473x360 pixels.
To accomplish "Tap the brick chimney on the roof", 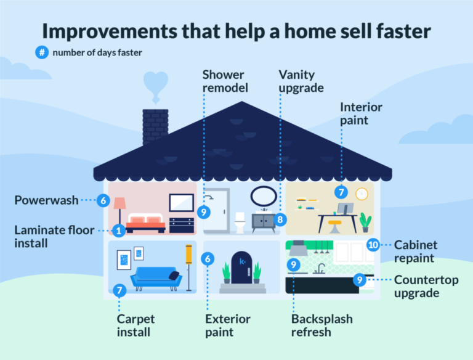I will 155,126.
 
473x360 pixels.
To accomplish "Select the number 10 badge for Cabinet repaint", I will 373,245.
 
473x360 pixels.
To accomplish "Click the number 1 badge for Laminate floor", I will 118,230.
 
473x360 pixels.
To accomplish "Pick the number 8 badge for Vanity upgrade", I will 280,219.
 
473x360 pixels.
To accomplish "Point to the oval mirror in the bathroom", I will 263,196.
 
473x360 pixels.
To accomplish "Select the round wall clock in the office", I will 361,193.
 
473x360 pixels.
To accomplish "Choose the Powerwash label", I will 47,200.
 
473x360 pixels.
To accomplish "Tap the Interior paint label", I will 361,113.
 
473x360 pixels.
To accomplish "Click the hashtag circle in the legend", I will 42,52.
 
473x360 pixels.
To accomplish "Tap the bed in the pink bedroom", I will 145,223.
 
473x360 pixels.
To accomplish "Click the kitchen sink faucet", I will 320,268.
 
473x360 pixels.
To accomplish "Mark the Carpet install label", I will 136,326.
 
